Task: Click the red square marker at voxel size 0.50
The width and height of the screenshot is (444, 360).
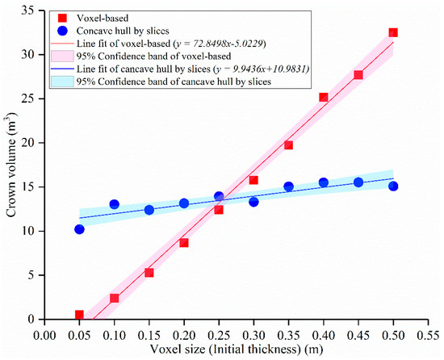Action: (393, 33)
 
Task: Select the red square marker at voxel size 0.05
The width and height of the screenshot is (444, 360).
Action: (79, 315)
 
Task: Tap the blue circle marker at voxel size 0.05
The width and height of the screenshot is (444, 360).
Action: (79, 229)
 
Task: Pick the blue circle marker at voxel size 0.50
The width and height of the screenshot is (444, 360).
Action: (393, 186)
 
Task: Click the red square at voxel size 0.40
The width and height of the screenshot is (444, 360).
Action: (323, 98)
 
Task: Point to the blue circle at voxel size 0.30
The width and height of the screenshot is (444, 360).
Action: (253, 202)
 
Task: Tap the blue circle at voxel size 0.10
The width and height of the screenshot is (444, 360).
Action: (114, 204)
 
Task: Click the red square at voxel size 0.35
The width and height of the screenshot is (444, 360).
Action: (288, 145)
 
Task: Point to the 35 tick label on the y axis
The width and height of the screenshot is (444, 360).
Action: (30, 10)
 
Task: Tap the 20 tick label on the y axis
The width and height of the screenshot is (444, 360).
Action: (30, 143)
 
